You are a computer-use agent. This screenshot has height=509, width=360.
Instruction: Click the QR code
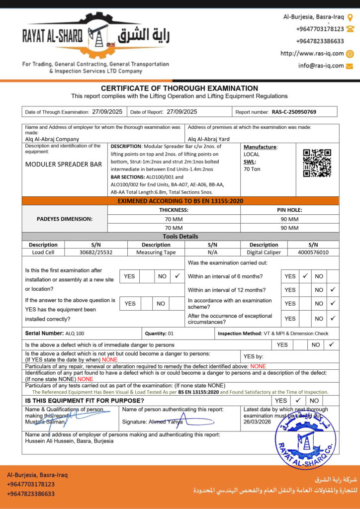(317, 163)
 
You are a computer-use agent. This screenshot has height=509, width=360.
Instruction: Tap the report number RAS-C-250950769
(294, 112)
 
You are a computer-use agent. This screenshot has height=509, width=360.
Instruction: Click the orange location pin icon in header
(350, 17)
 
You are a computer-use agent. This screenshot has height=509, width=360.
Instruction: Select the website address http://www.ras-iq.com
(312, 54)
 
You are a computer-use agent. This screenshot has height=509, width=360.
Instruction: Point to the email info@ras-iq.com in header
(321, 66)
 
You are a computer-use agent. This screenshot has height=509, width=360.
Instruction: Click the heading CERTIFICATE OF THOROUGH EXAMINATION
(180, 88)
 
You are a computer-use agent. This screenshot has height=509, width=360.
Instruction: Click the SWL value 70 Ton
(252, 169)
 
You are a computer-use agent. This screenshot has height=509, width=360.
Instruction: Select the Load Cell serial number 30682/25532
(96, 252)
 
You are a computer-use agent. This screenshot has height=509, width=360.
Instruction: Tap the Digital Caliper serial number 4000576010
(313, 252)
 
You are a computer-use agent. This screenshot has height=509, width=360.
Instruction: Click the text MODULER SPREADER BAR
(64, 164)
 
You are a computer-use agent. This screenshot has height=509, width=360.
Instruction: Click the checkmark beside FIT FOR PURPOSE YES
(298, 400)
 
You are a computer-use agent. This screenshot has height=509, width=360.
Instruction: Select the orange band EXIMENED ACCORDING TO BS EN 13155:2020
(180, 201)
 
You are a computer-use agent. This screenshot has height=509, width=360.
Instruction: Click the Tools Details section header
(180, 237)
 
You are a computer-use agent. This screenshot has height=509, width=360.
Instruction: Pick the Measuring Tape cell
(156, 252)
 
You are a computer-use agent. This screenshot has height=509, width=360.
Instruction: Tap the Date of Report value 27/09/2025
(182, 112)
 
